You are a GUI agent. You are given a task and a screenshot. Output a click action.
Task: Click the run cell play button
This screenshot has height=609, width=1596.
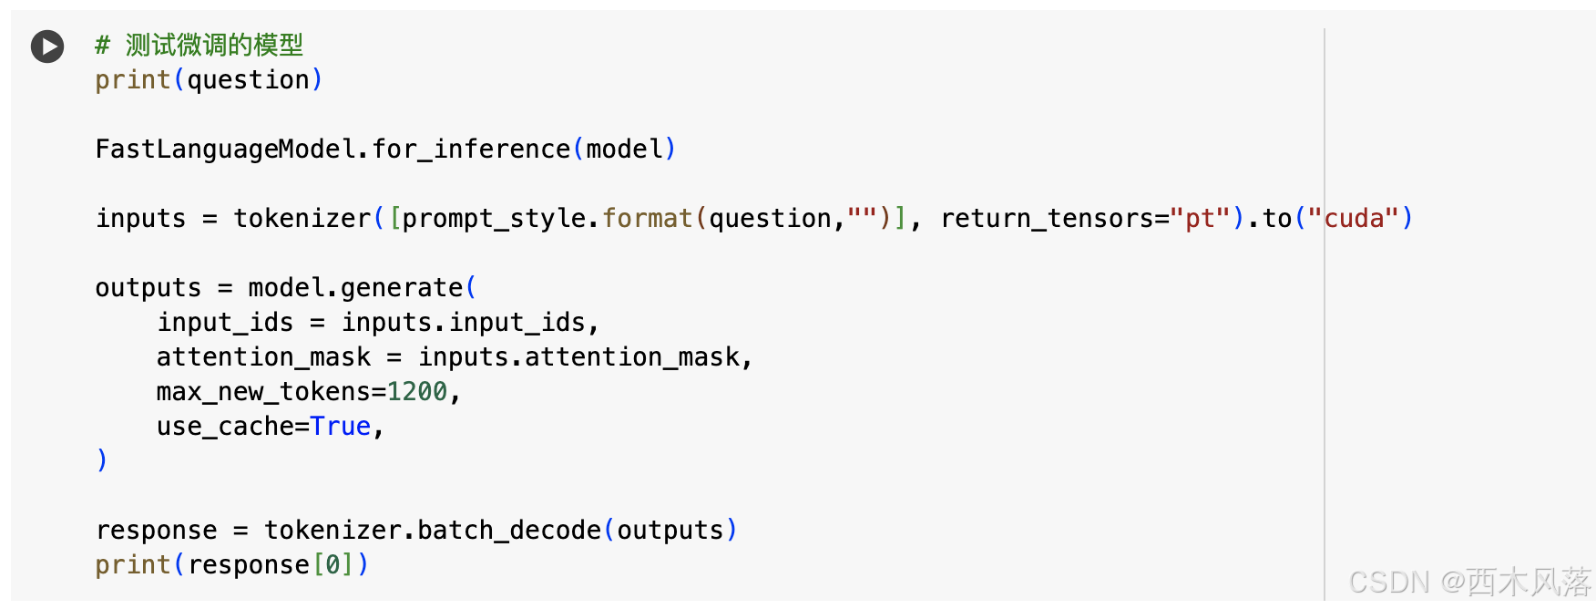coord(47,46)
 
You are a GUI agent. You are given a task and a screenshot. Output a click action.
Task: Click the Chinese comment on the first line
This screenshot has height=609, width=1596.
coord(213,45)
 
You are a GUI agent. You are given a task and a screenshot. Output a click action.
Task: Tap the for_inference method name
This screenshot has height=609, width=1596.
coord(471,149)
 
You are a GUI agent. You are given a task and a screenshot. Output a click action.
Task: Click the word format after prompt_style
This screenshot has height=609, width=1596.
coord(647,219)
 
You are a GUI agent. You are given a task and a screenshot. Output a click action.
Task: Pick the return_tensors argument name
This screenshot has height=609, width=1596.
coord(1048,219)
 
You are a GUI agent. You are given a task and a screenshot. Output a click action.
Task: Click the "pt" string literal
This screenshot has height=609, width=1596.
coord(1201,219)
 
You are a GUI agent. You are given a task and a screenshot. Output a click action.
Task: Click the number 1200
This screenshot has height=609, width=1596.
coord(417,392)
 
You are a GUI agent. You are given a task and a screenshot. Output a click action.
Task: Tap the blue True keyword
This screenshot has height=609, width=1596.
coord(341,427)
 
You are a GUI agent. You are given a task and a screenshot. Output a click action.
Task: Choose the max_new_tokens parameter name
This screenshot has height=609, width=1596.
coord(263,392)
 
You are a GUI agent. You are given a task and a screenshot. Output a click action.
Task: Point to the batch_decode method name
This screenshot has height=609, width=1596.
coord(509,531)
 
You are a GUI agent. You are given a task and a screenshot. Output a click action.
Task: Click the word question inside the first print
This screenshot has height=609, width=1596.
coord(248,80)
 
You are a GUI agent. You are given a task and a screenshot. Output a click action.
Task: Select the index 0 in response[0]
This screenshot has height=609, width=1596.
coord(332,565)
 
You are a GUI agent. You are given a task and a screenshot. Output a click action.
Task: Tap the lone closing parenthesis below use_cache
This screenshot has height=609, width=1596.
coord(102,460)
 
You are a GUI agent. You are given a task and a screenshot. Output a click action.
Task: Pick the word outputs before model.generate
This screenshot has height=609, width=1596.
coord(148,288)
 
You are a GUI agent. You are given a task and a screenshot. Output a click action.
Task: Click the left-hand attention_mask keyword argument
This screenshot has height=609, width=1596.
coord(263,357)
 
